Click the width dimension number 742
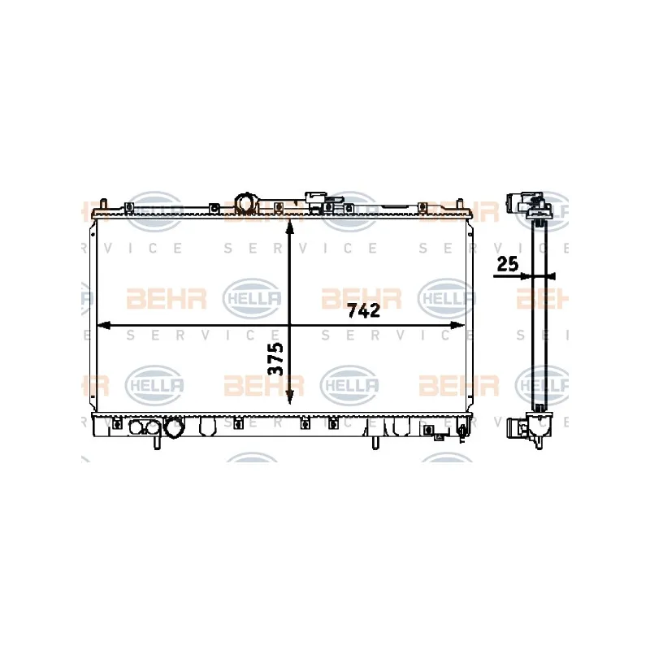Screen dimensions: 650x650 [363, 310]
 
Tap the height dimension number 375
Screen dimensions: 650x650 [276, 358]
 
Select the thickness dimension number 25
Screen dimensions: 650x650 [507, 263]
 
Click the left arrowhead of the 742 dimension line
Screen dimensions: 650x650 [103, 326]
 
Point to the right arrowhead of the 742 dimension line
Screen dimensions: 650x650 [457, 326]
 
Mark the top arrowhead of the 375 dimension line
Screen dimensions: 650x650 [289, 227]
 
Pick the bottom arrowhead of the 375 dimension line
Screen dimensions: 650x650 [289, 397]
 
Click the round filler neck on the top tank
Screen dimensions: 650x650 [246, 203]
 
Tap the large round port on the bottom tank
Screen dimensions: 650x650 [173, 427]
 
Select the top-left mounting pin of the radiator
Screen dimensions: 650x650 [104, 205]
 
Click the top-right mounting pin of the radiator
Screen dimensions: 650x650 [459, 205]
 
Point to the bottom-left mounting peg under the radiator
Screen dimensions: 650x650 [157, 442]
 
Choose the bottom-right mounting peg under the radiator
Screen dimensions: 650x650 [375, 442]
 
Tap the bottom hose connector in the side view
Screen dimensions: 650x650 [518, 428]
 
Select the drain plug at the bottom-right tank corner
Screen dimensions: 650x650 [461, 433]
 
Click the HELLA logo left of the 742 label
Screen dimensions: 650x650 [252, 298]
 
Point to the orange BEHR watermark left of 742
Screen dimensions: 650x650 [167, 298]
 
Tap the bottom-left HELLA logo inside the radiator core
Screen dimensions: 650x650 [154, 385]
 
